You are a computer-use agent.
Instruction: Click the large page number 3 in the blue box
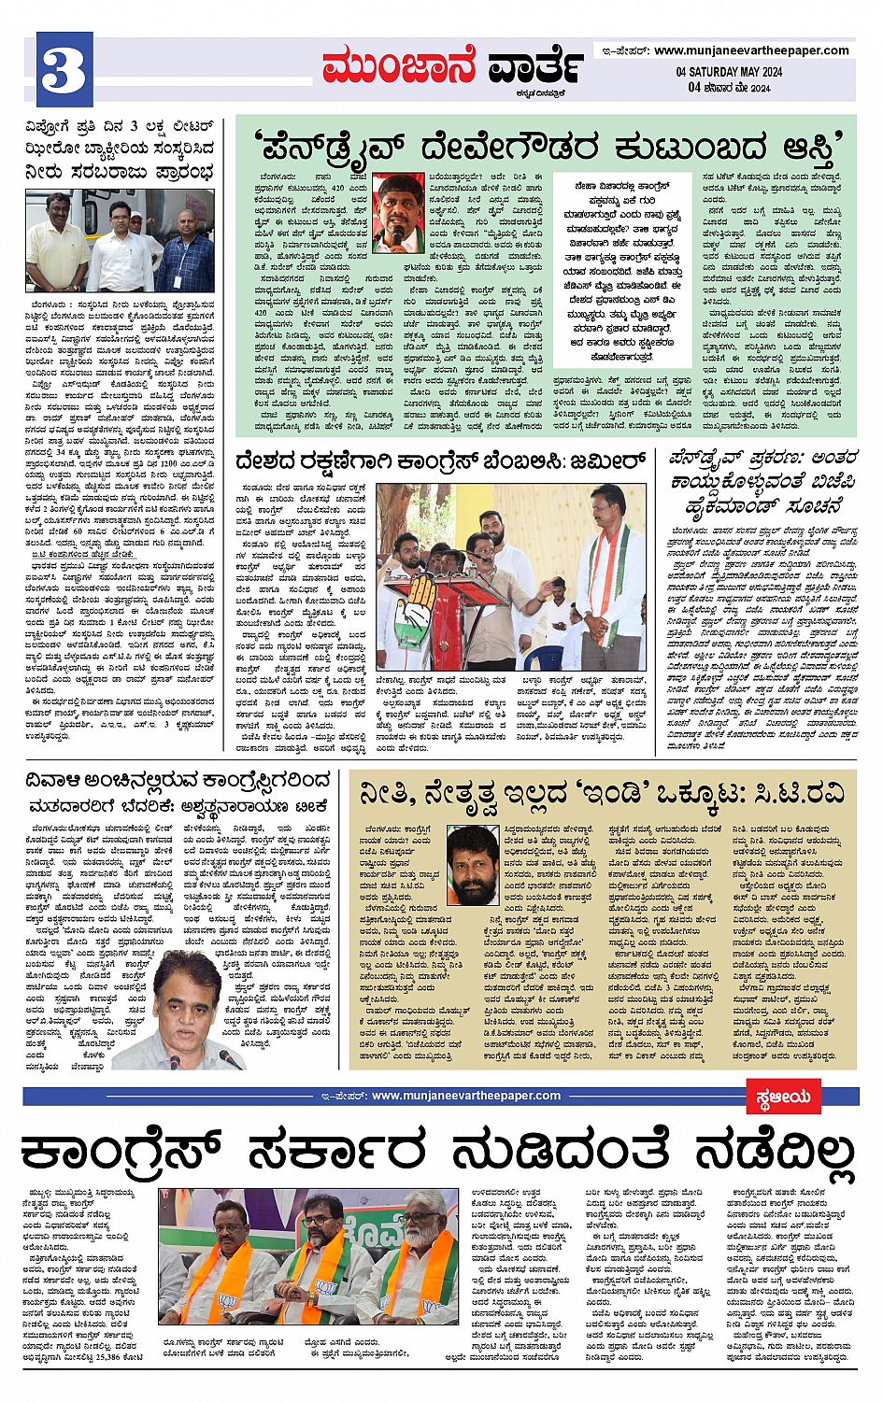pos(64,71)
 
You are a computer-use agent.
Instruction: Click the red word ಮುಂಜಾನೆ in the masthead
pos(399,66)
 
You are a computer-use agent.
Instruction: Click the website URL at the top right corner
pos(751,50)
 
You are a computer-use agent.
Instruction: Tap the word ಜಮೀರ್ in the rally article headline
pos(607,460)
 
